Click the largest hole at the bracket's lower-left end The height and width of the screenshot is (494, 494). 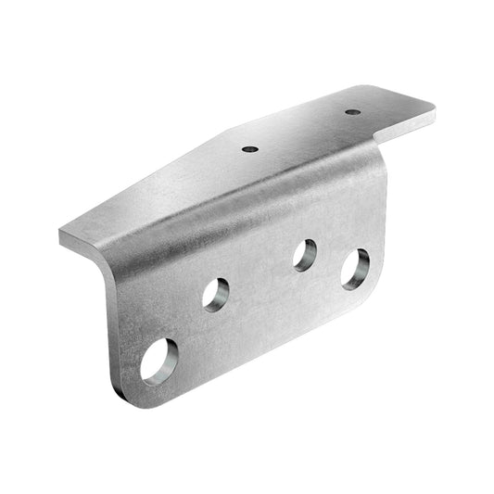coord(158,361)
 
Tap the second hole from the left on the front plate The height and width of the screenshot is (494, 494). coord(216,295)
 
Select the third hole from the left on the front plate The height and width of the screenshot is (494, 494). coord(305,255)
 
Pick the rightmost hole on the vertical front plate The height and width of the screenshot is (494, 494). coord(355,270)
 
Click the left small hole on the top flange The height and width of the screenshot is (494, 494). coord(248,148)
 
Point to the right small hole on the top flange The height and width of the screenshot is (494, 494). coord(352,113)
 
